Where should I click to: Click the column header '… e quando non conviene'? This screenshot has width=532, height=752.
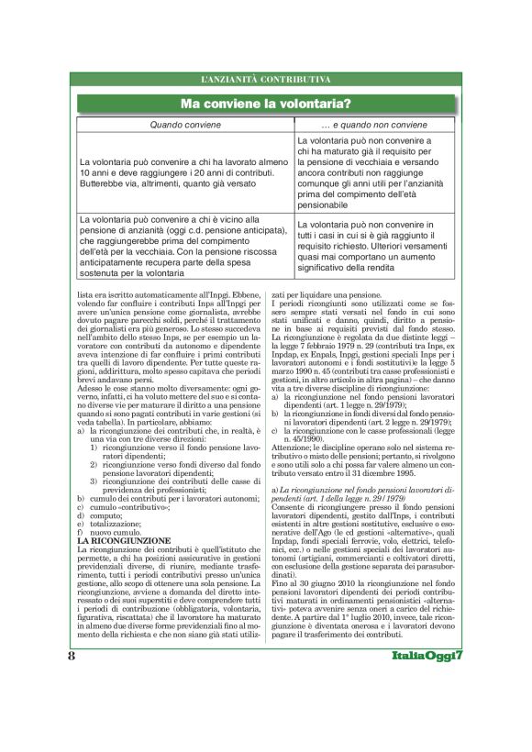[x=373, y=123]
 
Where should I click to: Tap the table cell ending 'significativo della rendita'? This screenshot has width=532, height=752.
[x=373, y=246]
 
